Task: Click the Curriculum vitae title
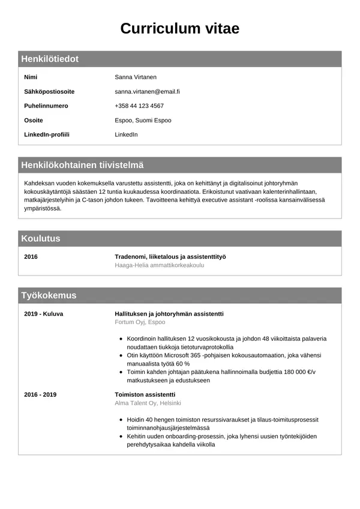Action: pos(180,28)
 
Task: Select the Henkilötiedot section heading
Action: pos(50,59)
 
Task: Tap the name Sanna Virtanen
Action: pos(135,77)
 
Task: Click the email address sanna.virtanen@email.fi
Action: pos(147,91)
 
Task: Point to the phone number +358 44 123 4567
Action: pos(139,106)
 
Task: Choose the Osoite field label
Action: pos(34,120)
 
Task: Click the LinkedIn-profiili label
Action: pos(47,134)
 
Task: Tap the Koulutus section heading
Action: pos(41,238)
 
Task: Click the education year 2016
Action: pos(31,256)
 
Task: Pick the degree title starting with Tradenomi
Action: pos(170,256)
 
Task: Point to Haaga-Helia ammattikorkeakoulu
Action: pos(160,265)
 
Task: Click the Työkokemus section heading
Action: pos(49,295)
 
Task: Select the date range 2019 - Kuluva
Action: pos(43,313)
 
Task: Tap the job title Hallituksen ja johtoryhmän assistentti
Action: pos(169,313)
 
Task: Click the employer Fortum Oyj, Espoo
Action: pos(140,322)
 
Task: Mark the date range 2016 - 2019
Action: pos(40,394)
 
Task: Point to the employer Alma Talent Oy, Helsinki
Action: pos(148,403)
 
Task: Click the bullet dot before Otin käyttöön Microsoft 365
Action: pos(121,355)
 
